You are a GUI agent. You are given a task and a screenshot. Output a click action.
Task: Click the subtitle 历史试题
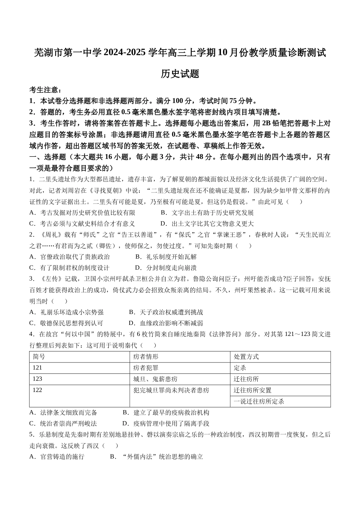coord(180,74)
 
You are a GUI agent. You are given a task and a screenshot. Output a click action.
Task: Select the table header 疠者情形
coord(146,357)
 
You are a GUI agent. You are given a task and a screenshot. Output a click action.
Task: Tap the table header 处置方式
coord(246,357)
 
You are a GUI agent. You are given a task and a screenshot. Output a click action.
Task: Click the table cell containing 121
coord(38,368)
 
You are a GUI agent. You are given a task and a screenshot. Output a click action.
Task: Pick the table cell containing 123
coord(38,379)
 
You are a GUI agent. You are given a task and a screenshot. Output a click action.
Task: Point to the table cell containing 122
coord(38,390)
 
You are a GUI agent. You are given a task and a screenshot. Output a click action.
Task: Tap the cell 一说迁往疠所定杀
coord(259,401)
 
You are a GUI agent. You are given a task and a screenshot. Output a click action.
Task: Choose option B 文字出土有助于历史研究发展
coord(207,213)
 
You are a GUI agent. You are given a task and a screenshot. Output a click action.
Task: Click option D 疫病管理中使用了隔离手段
coord(166,423)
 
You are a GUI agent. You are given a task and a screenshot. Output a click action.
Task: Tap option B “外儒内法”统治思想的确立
coord(157,457)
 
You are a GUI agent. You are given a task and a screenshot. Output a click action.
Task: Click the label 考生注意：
coord(45,90)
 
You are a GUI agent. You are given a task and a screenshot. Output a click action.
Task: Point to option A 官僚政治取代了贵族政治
coord(69,257)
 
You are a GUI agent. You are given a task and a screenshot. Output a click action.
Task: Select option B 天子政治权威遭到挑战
coord(166,312)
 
